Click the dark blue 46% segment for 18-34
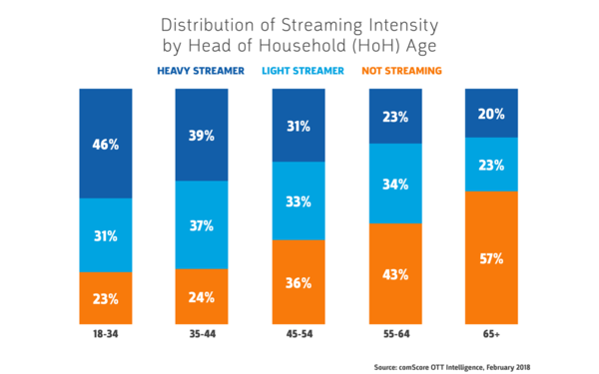click(106, 144)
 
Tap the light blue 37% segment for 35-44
click(202, 226)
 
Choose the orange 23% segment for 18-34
click(106, 297)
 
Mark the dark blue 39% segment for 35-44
click(202, 134)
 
